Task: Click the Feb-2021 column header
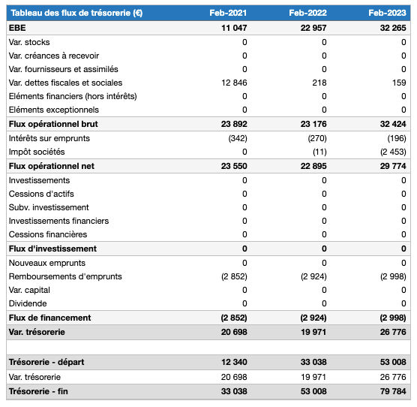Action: click(229, 13)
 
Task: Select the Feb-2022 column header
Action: click(308, 13)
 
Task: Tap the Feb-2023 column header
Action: click(388, 13)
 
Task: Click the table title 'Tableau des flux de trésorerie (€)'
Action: click(76, 13)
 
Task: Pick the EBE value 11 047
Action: click(234, 28)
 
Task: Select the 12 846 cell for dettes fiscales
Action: click(234, 83)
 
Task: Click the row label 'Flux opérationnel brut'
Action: click(53, 124)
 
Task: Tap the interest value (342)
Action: click(237, 138)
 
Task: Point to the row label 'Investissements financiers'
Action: click(58, 221)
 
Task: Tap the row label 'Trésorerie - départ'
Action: click(46, 363)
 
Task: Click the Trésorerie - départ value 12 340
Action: click(234, 363)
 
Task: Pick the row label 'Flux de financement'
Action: click(49, 318)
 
